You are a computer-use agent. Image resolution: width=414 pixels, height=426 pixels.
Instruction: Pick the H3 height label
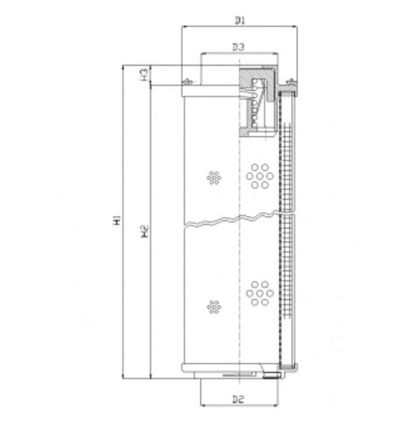point(144,74)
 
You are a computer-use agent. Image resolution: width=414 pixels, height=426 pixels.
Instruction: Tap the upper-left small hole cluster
point(213,177)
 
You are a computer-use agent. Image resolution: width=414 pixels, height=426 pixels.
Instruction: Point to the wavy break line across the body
point(238,220)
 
